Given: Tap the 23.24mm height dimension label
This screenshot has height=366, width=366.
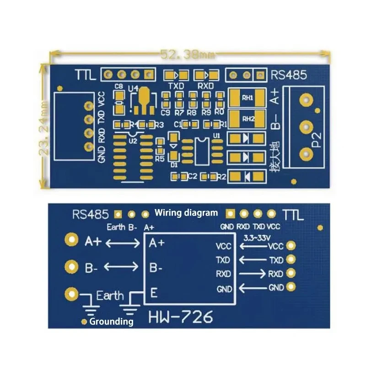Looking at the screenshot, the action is [x=44, y=130].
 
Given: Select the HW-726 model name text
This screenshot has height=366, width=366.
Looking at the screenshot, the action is [x=181, y=317].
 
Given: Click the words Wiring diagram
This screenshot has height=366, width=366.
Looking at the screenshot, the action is [x=186, y=212].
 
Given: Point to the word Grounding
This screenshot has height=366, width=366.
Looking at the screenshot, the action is [x=112, y=322].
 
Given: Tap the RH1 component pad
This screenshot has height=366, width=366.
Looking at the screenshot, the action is [x=248, y=98].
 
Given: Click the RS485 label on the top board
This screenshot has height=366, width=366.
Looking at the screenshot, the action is [x=289, y=75].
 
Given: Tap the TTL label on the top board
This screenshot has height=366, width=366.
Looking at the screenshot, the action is [x=86, y=75].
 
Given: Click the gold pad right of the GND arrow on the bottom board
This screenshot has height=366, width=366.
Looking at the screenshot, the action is [x=290, y=287].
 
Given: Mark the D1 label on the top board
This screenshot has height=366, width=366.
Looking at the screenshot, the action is [x=174, y=164].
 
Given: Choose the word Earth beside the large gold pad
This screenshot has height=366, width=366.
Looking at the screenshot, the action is [x=110, y=296].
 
